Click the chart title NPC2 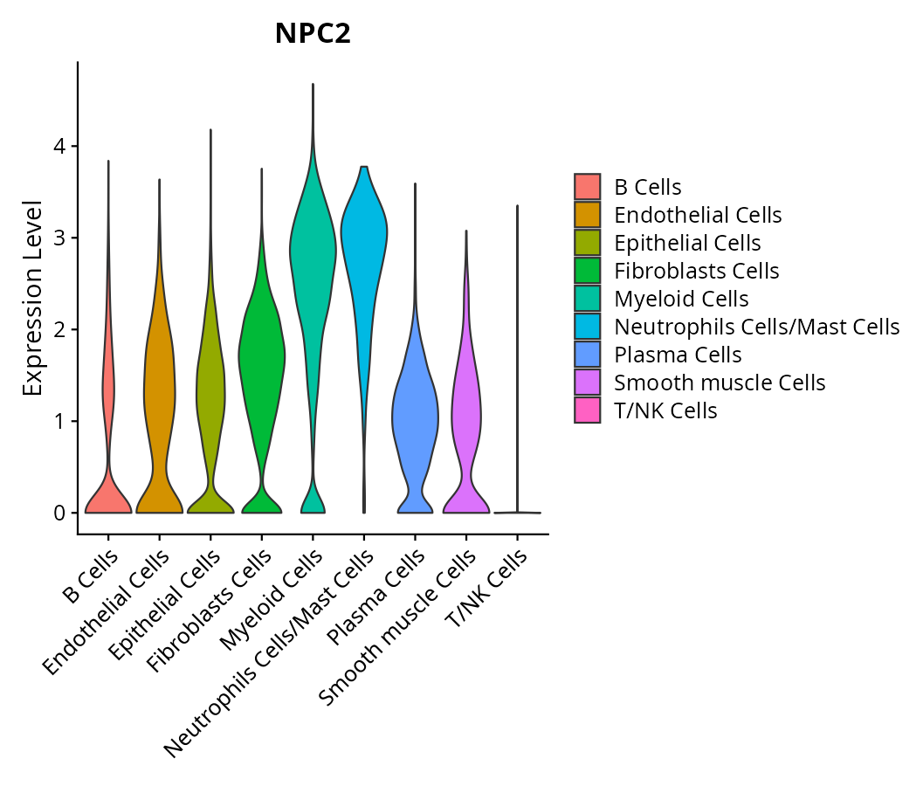tap(313, 33)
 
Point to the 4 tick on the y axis tap(59, 146)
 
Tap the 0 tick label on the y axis tap(59, 513)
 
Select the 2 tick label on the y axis tap(59, 329)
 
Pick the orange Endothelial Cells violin tap(159, 393)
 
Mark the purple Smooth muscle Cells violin tap(466, 410)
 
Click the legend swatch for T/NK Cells tap(588, 410)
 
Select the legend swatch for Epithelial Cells tap(588, 243)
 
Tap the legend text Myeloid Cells tap(681, 299)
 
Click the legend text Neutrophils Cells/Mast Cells tap(756, 327)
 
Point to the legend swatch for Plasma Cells tap(588, 355)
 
